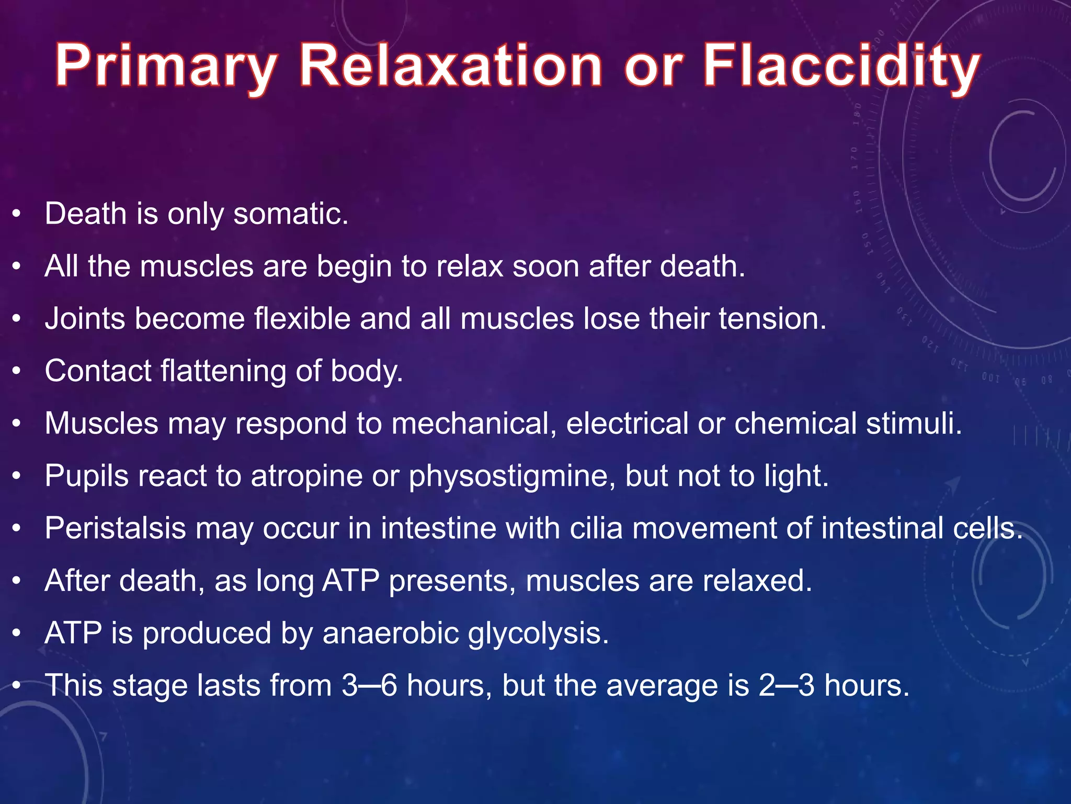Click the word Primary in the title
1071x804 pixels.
point(166,67)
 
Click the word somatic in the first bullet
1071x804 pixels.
point(290,214)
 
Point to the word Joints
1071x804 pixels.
point(84,319)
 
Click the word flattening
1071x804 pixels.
point(223,371)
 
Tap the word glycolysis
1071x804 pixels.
point(538,634)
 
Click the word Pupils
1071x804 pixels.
point(86,476)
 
